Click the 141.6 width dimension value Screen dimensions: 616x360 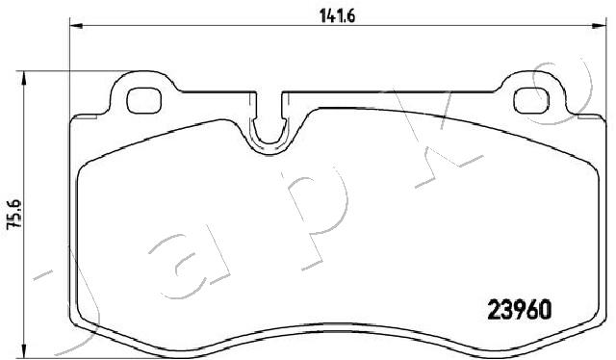(337, 16)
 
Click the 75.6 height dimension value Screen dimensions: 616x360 (16, 215)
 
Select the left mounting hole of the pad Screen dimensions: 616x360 (143, 101)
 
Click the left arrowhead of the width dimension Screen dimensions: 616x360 (76, 26)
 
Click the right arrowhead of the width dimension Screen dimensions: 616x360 (600, 26)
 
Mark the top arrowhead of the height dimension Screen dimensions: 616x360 (24, 78)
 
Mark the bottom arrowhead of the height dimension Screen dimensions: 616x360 (24, 352)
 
